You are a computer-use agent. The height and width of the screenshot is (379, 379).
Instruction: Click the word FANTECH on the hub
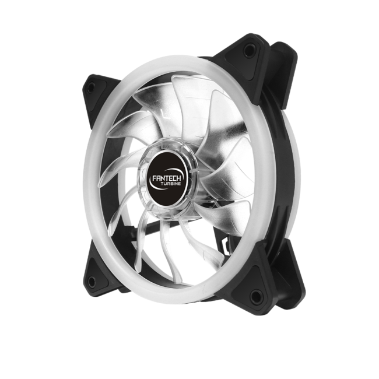tap(167, 178)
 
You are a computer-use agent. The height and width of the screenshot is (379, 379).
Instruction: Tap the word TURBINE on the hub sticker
tap(171, 184)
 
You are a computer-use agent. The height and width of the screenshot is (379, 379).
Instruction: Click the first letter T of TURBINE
tap(162, 184)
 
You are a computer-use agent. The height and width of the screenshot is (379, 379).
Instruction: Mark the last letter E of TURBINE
tap(180, 184)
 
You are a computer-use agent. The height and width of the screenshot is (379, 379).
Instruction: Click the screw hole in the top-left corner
tap(92, 87)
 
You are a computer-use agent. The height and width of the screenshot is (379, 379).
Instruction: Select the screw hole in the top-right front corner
tap(248, 50)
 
